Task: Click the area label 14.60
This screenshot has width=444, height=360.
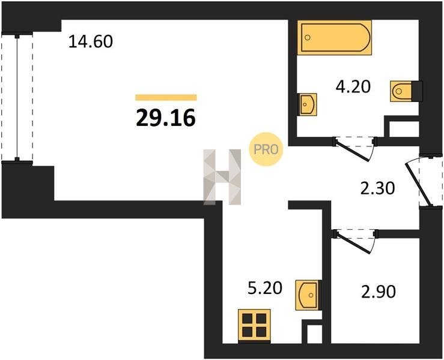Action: coord(91,41)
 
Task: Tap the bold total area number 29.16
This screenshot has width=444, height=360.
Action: coord(166,118)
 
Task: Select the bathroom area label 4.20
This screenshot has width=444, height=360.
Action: coord(353,86)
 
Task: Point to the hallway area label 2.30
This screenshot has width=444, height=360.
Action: coord(377,188)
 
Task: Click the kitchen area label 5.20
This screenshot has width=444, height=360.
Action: coord(265,288)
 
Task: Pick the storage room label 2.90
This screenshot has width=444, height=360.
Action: coord(379,292)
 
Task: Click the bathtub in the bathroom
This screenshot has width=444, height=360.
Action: coord(335,37)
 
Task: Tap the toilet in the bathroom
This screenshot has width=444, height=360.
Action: coord(406,91)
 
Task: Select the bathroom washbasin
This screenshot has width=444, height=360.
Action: coord(307,104)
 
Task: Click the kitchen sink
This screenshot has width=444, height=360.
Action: coord(308,295)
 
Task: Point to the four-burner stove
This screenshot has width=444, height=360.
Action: coord(254,326)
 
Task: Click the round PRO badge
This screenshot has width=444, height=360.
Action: coord(266,149)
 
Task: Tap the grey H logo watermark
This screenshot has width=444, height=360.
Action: coord(222,177)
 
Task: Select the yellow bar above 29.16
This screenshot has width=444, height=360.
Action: coord(166,97)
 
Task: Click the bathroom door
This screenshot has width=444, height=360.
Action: coord(354,148)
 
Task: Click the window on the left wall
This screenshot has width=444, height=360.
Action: coord(17,98)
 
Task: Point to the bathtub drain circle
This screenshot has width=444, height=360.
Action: coord(308,37)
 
